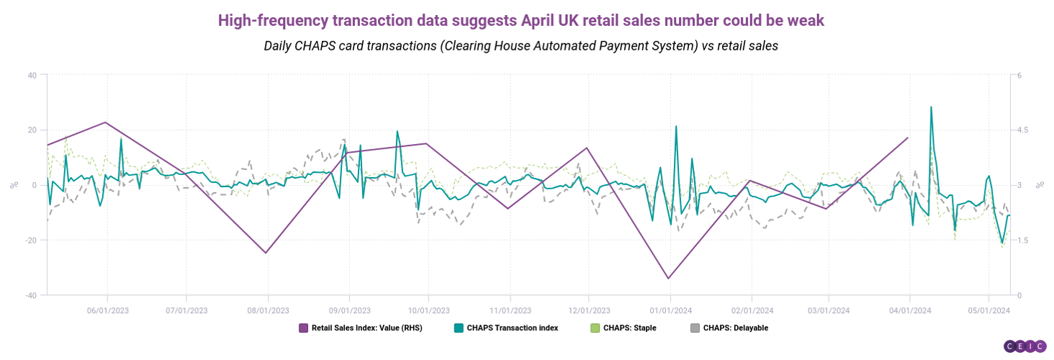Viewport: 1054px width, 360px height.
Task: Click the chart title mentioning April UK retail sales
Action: (x=521, y=20)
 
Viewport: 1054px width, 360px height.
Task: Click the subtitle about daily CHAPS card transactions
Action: (x=521, y=45)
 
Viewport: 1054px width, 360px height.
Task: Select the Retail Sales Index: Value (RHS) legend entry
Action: (x=360, y=328)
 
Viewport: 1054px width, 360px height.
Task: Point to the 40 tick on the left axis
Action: (x=32, y=75)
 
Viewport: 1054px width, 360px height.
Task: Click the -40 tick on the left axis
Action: (x=30, y=295)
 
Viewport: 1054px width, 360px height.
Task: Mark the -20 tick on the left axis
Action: (x=30, y=240)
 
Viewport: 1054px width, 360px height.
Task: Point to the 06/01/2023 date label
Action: (x=107, y=310)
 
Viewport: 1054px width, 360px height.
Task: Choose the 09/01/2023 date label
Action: (x=349, y=310)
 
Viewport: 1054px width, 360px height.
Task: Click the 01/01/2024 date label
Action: (x=670, y=310)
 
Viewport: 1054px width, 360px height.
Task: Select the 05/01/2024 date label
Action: (x=988, y=310)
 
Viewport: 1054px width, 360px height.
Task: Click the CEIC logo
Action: (x=1025, y=346)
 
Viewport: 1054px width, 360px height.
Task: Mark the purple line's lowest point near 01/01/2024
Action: (x=668, y=278)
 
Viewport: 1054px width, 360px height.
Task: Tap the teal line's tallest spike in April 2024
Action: (x=931, y=107)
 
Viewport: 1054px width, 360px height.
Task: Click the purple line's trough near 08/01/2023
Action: (x=266, y=253)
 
